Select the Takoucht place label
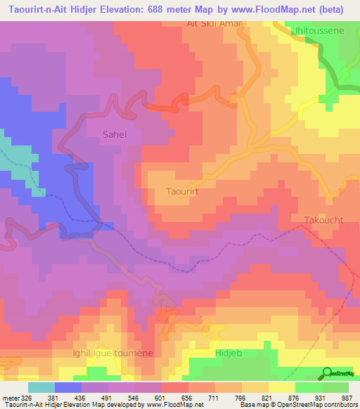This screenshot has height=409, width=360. pos(323,220)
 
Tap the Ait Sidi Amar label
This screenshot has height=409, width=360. pos(214,23)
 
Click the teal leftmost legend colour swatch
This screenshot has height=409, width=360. pos(41,387)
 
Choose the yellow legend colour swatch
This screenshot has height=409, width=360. pos(282,387)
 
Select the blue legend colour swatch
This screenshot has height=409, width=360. pos(68,387)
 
